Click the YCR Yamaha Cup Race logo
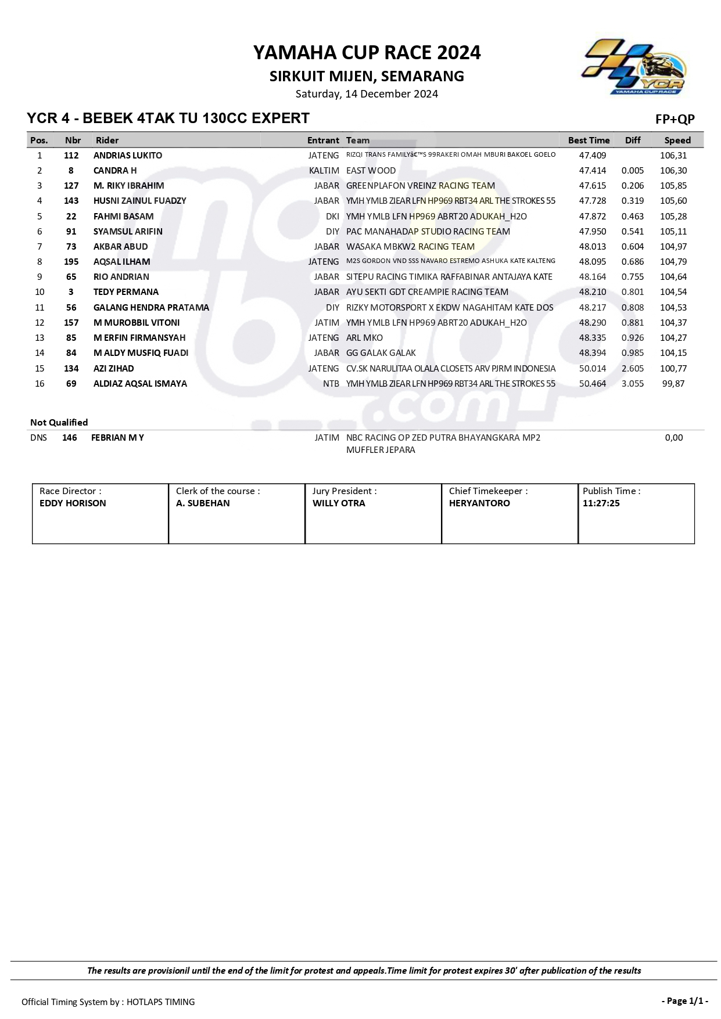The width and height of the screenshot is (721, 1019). (x=634, y=67)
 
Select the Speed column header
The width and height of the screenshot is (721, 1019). (x=677, y=140)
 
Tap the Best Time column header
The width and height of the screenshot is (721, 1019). (x=589, y=140)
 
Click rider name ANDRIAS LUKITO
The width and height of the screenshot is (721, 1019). (x=128, y=156)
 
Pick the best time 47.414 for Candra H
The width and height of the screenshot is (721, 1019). (x=592, y=171)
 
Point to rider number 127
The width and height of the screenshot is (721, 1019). (x=71, y=186)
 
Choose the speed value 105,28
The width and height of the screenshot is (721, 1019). (x=673, y=217)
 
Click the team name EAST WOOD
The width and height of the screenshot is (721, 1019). (x=371, y=171)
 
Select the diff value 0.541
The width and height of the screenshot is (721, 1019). (x=632, y=232)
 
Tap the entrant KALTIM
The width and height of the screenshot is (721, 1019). (x=324, y=171)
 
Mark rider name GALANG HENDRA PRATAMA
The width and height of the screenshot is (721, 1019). (x=151, y=308)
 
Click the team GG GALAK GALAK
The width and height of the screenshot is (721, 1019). (x=381, y=353)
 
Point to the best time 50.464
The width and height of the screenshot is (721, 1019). (x=592, y=384)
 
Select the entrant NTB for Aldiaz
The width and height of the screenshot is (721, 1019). (x=331, y=384)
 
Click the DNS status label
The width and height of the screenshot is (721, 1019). (x=38, y=438)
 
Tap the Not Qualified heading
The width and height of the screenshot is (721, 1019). (x=59, y=423)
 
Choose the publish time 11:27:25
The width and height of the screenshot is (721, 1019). (x=601, y=503)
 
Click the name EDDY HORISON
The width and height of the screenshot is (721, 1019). (x=73, y=503)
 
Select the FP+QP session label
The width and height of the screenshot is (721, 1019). (x=675, y=120)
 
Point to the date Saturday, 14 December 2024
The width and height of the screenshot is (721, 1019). (x=367, y=94)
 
